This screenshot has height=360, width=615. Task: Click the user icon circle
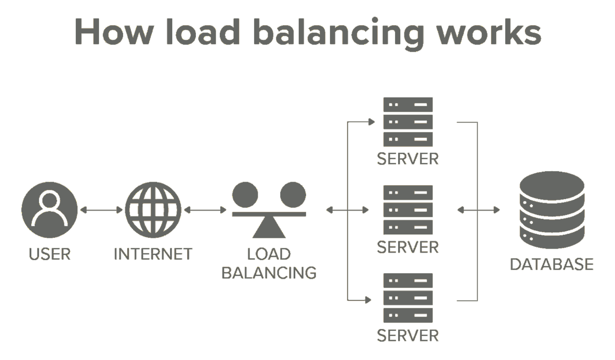tap(49, 210)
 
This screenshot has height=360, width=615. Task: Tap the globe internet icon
tap(153, 210)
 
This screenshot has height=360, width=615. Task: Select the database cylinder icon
tap(551, 211)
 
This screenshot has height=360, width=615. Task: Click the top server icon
tap(408, 122)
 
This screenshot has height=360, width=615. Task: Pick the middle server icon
tap(408, 210)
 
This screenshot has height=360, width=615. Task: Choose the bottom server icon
tap(408, 298)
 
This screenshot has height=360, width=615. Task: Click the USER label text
tap(49, 254)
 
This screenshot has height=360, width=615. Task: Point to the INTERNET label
tap(153, 254)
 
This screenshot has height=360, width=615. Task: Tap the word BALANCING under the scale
tap(269, 273)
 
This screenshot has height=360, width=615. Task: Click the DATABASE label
tap(551, 265)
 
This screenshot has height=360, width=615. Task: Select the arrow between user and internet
tap(101, 210)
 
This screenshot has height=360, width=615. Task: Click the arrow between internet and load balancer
tap(205, 210)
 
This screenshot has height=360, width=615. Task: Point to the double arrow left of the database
tap(478, 210)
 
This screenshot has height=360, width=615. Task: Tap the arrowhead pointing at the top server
tap(372, 122)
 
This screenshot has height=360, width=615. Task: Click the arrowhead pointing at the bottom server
tap(372, 298)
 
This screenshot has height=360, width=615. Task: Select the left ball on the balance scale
tap(245, 194)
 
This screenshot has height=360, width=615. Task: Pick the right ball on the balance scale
tap(293, 194)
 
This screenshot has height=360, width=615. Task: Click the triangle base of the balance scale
tap(269, 227)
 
